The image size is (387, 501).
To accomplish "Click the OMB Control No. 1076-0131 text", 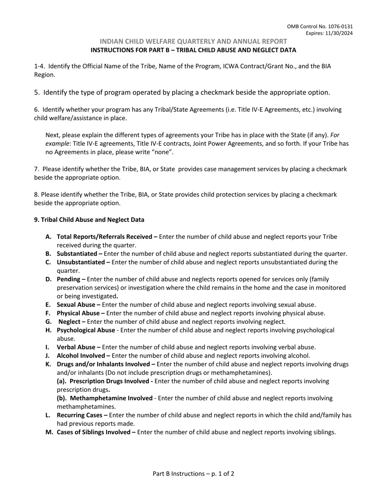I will click(x=320, y=26).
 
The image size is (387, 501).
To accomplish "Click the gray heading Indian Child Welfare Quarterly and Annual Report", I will click(x=193, y=41).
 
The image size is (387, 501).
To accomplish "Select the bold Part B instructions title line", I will click(x=193, y=50).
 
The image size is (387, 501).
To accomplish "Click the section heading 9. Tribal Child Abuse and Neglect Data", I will click(x=89, y=220).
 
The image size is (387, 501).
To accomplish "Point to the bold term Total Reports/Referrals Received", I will click(x=104, y=237).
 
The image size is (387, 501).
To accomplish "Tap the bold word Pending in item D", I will click(x=68, y=279).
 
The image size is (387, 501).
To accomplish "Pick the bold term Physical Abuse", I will click(x=78, y=313).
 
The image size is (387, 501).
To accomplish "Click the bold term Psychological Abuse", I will click(x=86, y=330).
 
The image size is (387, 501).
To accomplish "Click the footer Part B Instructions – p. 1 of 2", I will click(x=193, y=474).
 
